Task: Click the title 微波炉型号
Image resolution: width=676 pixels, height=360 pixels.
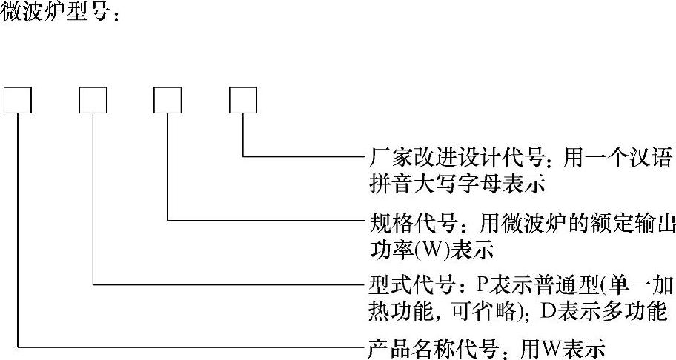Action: [x=55, y=13]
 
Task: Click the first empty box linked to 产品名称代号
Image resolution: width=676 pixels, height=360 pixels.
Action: [x=18, y=100]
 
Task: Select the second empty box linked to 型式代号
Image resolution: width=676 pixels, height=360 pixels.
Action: [x=93, y=100]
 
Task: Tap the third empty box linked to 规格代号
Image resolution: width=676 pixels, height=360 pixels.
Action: [x=168, y=100]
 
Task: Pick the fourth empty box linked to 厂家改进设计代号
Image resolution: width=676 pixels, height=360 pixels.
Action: [x=243, y=100]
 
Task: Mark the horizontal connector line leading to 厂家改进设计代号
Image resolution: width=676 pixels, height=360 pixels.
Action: [x=304, y=157]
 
